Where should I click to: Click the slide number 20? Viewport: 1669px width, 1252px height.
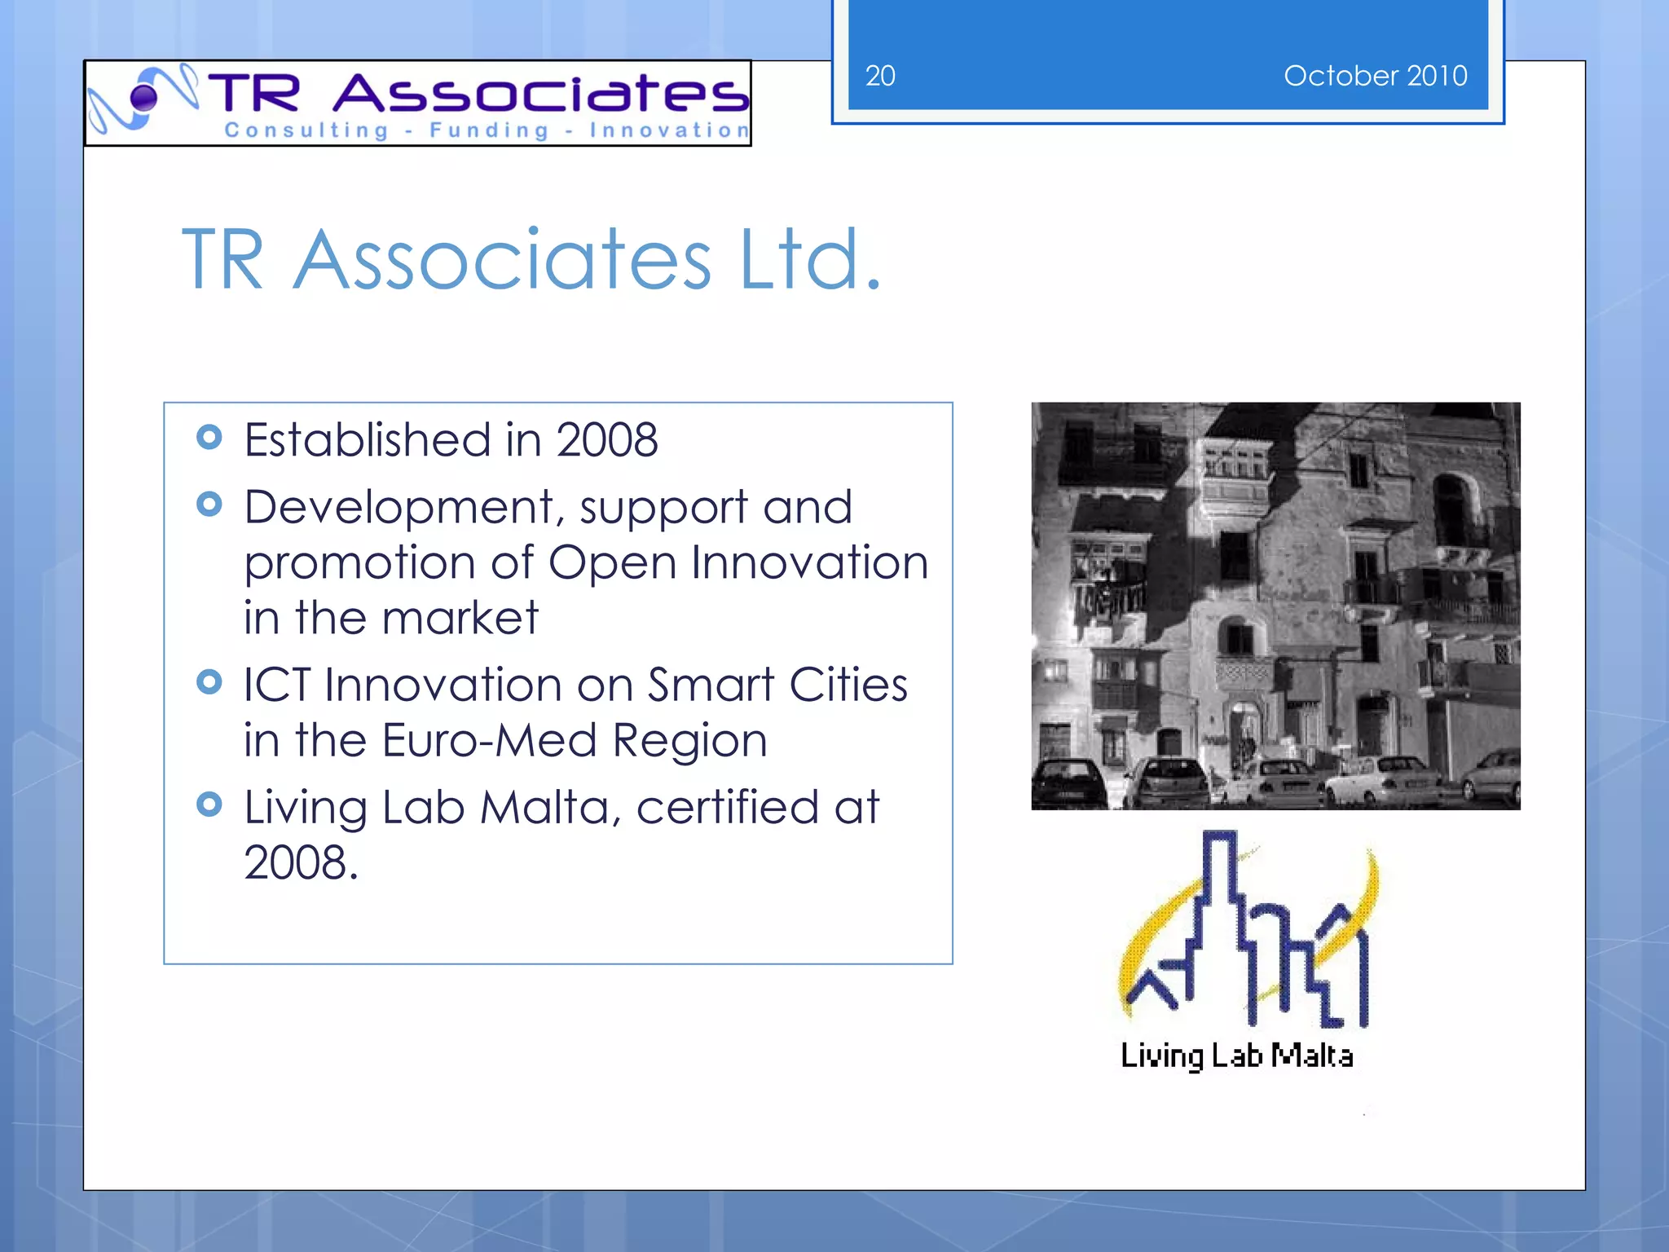(x=880, y=76)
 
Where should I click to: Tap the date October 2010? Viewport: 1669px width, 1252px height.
(x=1375, y=76)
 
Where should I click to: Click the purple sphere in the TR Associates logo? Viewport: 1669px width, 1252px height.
(x=144, y=98)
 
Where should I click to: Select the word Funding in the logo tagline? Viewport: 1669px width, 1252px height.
(x=489, y=130)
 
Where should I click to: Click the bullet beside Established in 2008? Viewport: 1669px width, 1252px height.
(x=209, y=438)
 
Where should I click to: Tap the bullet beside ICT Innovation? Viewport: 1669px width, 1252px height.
(x=209, y=681)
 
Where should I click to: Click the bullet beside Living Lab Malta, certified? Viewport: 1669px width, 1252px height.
(x=209, y=805)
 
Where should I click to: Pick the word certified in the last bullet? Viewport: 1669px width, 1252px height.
(x=727, y=807)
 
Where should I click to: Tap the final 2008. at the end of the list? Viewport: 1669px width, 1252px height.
(x=301, y=862)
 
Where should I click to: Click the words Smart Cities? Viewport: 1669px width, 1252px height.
(x=777, y=685)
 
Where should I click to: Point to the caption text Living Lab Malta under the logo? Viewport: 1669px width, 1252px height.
(x=1236, y=1056)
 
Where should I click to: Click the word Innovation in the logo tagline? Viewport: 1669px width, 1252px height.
(x=668, y=130)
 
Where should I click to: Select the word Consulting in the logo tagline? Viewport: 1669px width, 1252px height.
(x=306, y=130)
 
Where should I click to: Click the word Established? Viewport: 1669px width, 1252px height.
(x=368, y=440)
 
